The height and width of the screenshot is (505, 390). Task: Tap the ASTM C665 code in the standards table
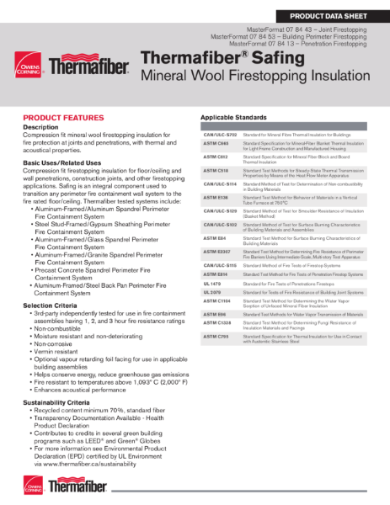point(216,144)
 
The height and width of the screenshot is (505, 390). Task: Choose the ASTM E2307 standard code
point(217,251)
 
